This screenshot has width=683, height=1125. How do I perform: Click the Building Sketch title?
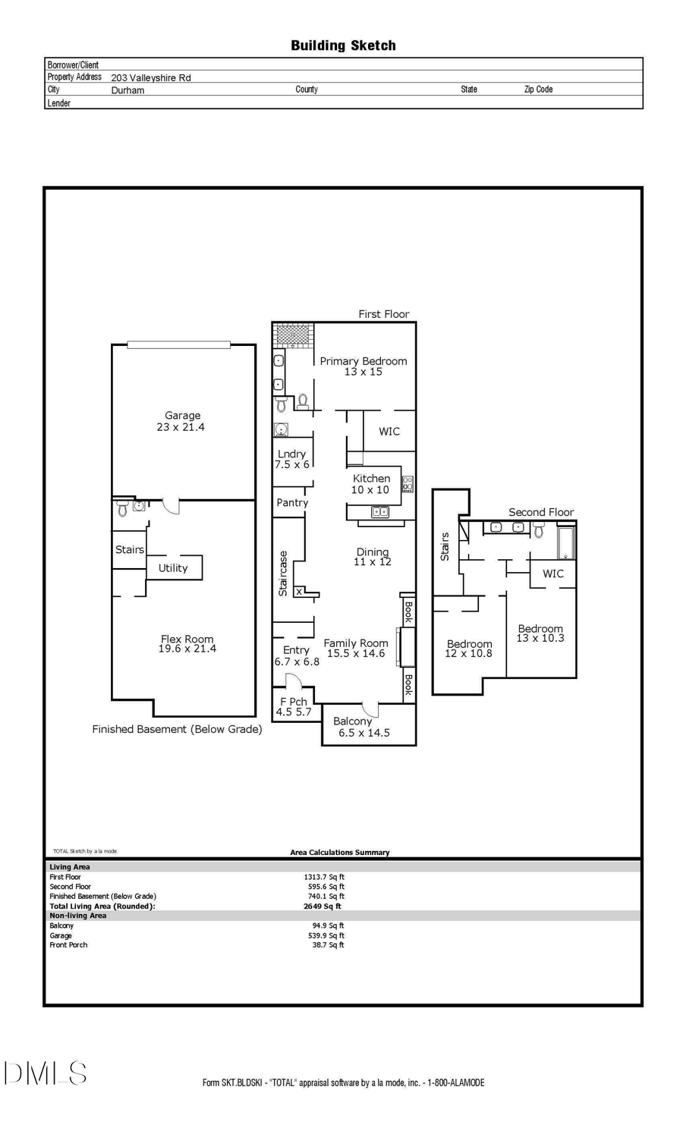343,46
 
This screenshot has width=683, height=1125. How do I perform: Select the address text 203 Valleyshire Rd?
151,77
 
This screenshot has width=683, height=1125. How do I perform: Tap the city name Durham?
127,90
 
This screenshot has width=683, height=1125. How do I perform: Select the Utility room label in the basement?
173,568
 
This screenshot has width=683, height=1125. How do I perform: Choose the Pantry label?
292,503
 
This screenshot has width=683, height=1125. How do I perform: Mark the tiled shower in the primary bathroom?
294,335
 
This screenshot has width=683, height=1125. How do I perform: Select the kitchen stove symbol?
408,483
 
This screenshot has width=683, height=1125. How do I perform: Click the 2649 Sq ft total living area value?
322,906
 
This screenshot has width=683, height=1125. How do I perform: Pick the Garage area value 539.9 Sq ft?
328,935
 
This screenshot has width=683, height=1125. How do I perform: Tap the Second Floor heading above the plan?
541,512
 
